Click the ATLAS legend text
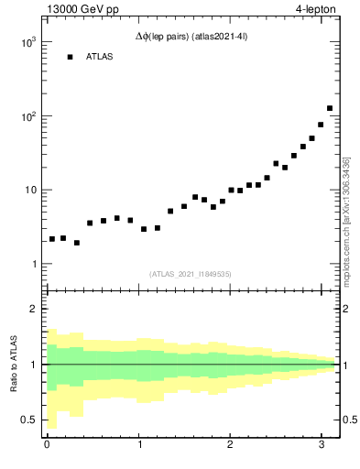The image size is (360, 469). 101,57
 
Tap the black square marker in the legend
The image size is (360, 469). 70,57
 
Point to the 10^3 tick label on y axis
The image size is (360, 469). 28,43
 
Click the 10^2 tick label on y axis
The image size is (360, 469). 28,116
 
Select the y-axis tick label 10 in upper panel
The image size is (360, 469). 30,191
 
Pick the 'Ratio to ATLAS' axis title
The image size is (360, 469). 12,364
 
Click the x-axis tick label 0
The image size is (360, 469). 47,446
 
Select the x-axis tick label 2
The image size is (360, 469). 230,446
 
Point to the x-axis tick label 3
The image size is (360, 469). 322,446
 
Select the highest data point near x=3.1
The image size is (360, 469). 330,108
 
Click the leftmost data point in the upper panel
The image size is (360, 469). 52,239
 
